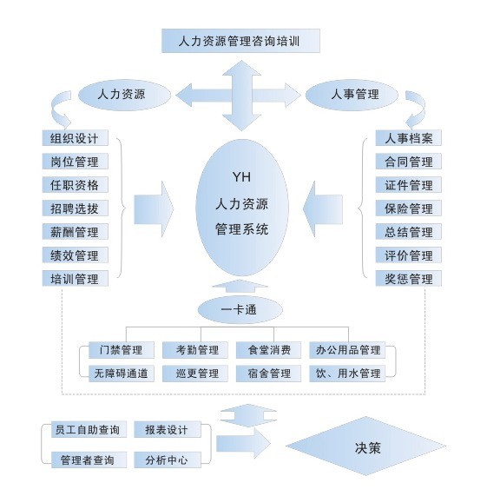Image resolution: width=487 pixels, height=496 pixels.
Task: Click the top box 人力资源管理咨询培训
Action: tap(240, 41)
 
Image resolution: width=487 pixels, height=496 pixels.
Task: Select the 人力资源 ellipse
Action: tap(124, 95)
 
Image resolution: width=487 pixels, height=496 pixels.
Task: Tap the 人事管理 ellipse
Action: tap(352, 95)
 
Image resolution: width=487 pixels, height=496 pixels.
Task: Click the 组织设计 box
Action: tap(76, 138)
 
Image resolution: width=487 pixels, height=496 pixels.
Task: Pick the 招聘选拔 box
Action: tap(76, 208)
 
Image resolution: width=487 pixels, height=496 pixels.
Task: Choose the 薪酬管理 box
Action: tap(76, 232)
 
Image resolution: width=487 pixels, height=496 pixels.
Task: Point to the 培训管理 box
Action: tap(76, 278)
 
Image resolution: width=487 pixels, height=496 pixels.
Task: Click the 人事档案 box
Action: tap(408, 138)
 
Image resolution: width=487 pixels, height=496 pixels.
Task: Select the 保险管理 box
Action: tap(408, 208)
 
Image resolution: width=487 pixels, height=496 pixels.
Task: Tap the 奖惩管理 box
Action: tap(408, 278)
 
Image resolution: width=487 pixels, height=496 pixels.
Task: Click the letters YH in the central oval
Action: tap(241, 177)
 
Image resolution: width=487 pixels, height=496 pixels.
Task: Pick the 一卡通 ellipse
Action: tap(240, 309)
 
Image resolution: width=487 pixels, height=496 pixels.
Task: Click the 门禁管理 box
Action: tap(122, 350)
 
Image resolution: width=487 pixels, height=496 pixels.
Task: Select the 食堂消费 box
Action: tap(268, 350)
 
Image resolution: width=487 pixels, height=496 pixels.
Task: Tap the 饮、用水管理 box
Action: tap(347, 374)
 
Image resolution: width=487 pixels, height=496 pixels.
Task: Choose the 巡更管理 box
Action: tap(195, 374)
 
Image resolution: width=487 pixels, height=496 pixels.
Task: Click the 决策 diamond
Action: tap(366, 446)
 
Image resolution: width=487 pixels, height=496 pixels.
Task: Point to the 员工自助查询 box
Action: tap(89, 430)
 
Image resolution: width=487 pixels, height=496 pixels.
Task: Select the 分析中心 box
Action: tap(168, 460)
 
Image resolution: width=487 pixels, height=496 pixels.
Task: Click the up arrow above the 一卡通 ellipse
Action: tap(240, 286)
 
